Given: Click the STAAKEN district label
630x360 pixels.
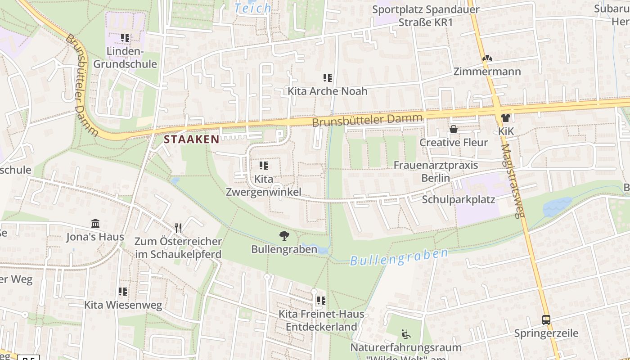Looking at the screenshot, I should (x=192, y=139).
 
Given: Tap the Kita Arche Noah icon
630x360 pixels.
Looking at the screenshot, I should (x=328, y=78).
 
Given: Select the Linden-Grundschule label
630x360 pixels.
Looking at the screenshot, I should (x=125, y=58).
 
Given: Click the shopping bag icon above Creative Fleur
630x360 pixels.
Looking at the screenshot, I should (x=454, y=129).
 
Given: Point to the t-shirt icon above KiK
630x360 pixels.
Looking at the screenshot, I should (x=506, y=118).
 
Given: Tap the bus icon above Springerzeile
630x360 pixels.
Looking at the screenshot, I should (x=546, y=320).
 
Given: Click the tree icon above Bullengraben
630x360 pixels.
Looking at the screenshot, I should (x=284, y=235).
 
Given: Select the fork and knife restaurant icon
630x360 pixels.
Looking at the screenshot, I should (x=178, y=228).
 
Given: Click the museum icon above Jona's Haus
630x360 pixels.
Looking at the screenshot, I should (x=95, y=223).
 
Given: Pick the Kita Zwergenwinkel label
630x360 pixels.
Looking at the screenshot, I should (x=264, y=185).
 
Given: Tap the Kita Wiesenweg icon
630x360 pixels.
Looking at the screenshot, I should (x=123, y=292).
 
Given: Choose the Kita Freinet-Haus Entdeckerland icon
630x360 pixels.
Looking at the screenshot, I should (x=321, y=300).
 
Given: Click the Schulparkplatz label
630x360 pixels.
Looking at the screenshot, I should (x=458, y=199).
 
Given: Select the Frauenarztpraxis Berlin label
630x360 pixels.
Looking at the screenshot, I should (x=436, y=171).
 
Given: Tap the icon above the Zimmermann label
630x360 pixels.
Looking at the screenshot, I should (x=487, y=58).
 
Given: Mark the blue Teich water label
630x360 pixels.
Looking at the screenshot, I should (x=253, y=8).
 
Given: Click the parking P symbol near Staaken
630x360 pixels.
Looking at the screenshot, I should (x=279, y=134).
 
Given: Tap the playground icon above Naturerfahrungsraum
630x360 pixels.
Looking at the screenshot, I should (x=405, y=334).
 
